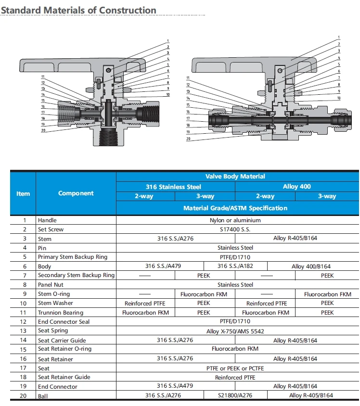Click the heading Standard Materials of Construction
pos(78,10)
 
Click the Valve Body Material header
pos(235,177)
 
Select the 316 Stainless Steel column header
pos(173,187)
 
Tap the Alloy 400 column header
pos(297,187)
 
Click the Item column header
pos(23,193)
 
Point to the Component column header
pos(76,193)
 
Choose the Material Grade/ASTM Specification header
pos(235,208)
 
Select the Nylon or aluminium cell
pos(236,220)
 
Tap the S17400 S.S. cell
pos(236,229)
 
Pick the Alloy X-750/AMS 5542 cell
pos(236,331)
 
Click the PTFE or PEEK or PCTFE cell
pos(236,368)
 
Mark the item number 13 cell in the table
pos(23,331)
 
